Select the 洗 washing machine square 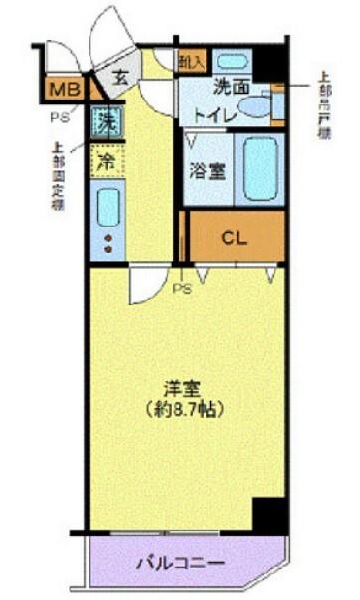coord(104,124)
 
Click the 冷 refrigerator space coord(104,159)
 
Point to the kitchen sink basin coord(105,207)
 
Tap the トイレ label coord(216,116)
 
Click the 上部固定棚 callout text coord(57,177)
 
